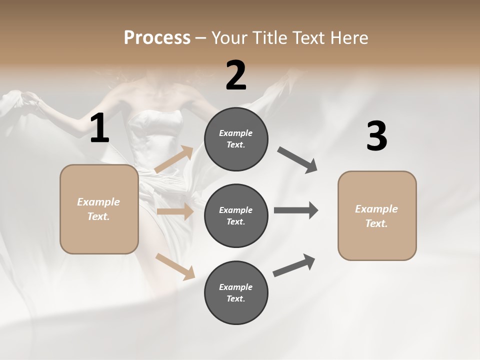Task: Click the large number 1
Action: coord(99,128)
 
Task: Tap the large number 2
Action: coord(236,75)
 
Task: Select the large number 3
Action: coord(376,136)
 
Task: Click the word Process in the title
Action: coord(157,37)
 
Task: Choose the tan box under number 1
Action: coord(99,209)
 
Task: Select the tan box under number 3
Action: coord(377,215)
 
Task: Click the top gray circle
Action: coord(236,139)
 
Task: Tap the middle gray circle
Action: coord(236,215)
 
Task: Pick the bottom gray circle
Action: coord(236,292)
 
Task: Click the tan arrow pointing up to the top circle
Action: coord(174,159)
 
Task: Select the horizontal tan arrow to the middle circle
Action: coord(175,211)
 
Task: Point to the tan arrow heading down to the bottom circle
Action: coord(175,266)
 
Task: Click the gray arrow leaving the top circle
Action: coord(297,160)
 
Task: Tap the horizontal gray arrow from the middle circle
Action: coord(295,210)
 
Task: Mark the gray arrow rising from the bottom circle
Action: coord(294,265)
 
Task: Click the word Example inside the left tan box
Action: coord(98,202)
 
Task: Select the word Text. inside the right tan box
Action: coord(376,223)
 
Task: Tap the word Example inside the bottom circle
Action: coord(236,287)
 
